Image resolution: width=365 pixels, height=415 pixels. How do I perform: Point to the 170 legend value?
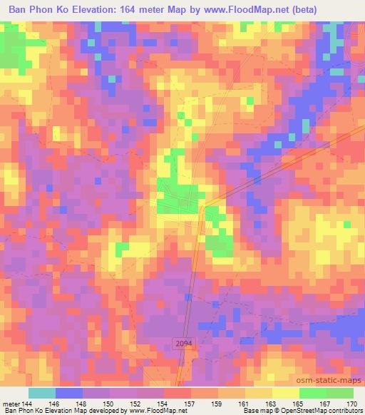pos(351,402)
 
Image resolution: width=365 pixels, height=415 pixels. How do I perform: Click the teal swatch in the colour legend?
pos(42,393)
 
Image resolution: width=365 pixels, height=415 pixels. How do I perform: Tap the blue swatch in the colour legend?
pos(69,393)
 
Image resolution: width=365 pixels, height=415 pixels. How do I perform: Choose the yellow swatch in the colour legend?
pos(285,393)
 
